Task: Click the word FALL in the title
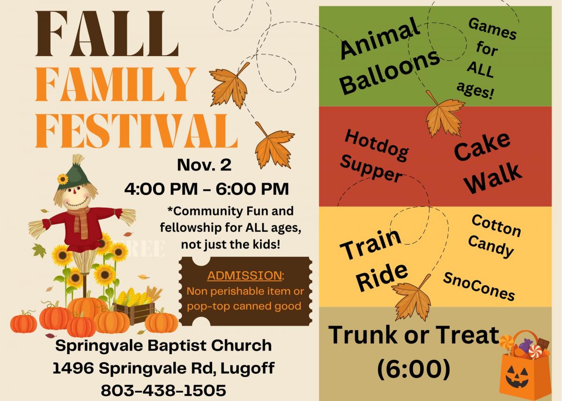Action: (107, 34)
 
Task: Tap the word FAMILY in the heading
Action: (115, 85)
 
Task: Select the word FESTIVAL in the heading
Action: (136, 131)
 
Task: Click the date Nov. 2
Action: (204, 165)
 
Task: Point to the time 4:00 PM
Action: (161, 189)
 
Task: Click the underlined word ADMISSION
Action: (244, 275)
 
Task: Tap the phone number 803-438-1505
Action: (163, 390)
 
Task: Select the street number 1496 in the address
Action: (74, 368)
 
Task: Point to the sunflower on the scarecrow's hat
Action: (63, 179)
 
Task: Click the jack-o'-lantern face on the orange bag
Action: (518, 377)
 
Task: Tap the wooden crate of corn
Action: (135, 312)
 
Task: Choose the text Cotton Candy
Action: (493, 236)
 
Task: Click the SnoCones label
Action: (479, 286)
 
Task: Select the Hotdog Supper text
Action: (374, 156)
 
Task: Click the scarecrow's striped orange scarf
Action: (81, 221)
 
